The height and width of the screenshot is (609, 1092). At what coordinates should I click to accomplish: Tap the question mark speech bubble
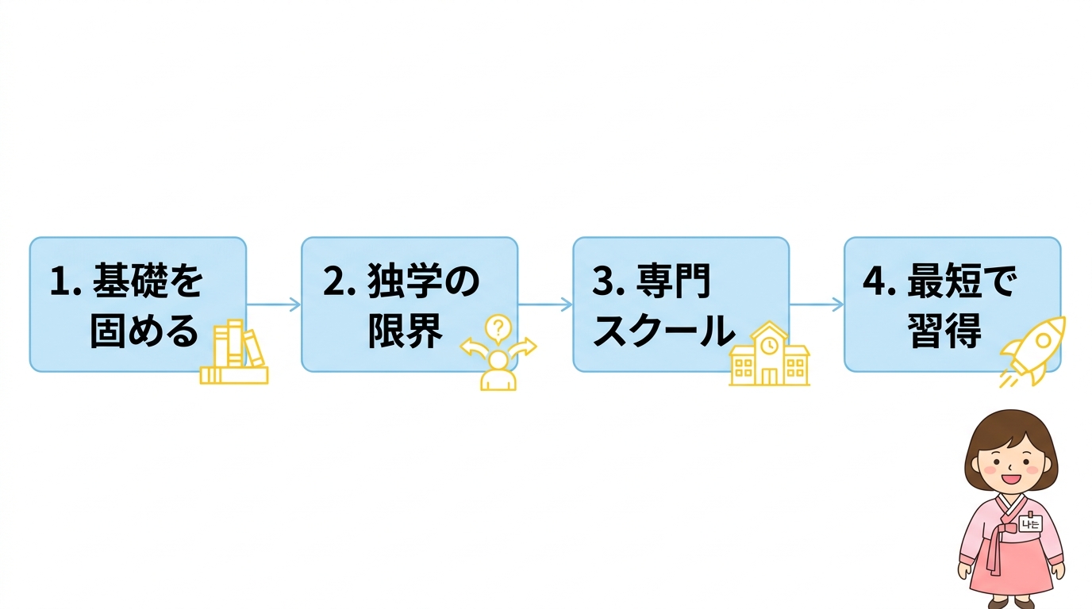coord(498,327)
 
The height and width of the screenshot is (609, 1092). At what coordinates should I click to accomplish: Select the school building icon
coord(769,357)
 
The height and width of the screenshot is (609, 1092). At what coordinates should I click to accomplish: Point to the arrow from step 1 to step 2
coord(273,304)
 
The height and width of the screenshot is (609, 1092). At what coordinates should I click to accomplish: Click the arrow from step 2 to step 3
coord(544,304)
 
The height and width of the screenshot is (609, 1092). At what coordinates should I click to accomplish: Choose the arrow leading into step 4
coord(816,304)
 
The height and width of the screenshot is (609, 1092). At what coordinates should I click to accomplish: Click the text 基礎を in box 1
coord(147,282)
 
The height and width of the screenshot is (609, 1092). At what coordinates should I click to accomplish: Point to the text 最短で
coord(961,282)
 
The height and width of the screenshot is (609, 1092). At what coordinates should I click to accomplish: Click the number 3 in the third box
coord(602,282)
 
